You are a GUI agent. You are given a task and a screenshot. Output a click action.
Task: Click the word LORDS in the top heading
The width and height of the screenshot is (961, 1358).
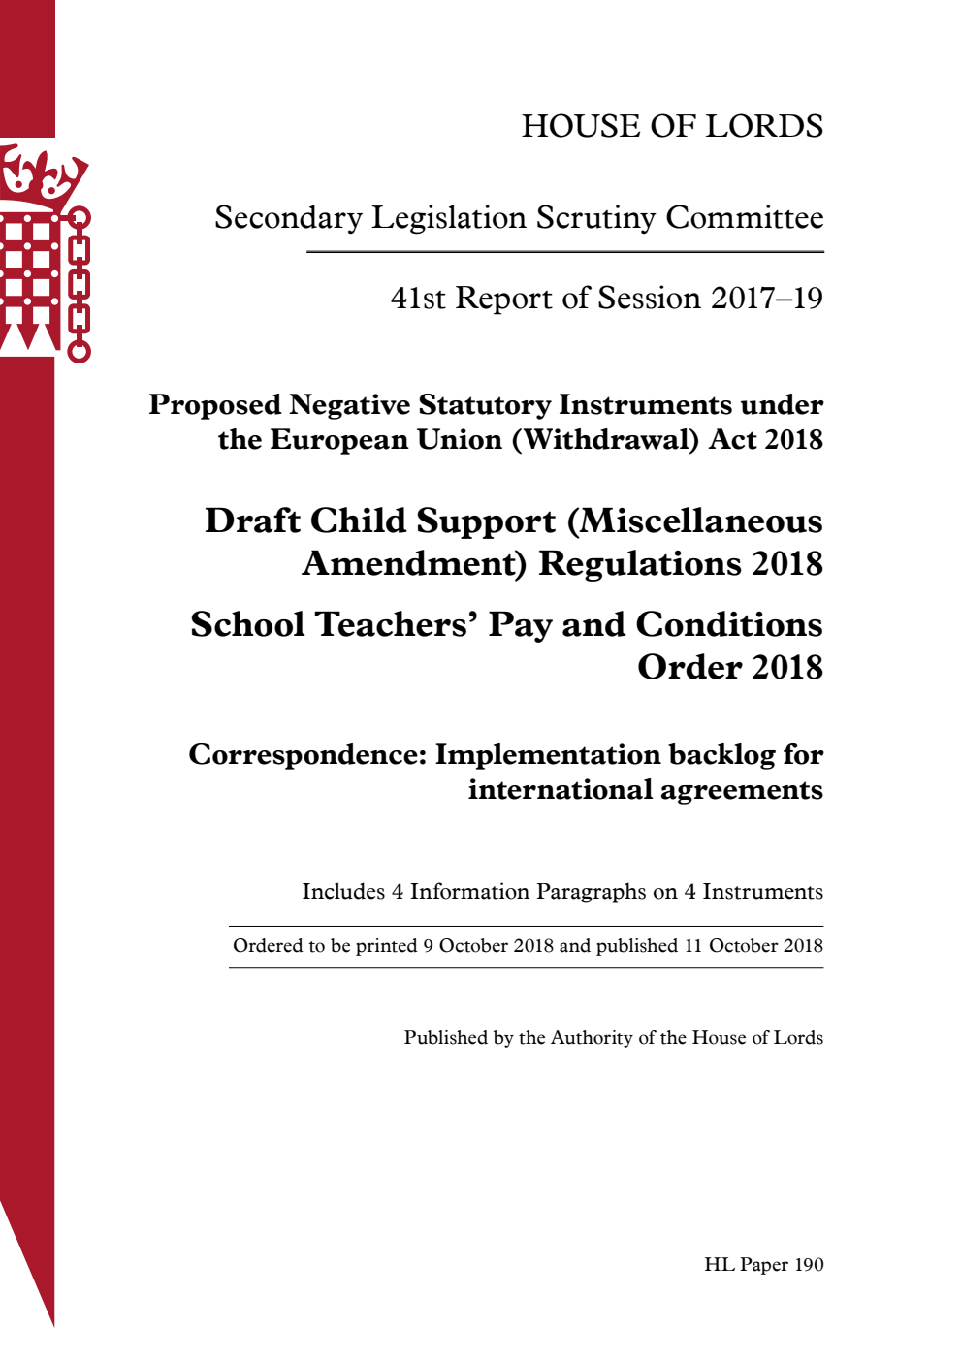coord(764,126)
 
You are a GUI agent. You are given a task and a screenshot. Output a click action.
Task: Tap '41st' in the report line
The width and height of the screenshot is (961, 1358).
coord(418,298)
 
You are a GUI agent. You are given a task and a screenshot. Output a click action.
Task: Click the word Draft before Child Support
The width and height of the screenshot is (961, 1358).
coord(252,521)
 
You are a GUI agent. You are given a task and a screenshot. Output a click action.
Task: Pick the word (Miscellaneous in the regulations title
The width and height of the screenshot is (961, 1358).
coord(694,521)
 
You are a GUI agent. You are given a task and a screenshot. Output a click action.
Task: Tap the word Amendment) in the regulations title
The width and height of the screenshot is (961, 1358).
coord(414,563)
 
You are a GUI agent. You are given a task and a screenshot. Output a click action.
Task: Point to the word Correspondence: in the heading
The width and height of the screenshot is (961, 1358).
coord(307,754)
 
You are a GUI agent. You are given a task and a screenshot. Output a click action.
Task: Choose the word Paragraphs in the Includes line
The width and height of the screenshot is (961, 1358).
coord(592,891)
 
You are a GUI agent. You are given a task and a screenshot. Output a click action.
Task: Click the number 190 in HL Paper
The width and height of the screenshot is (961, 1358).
coord(809,1264)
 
